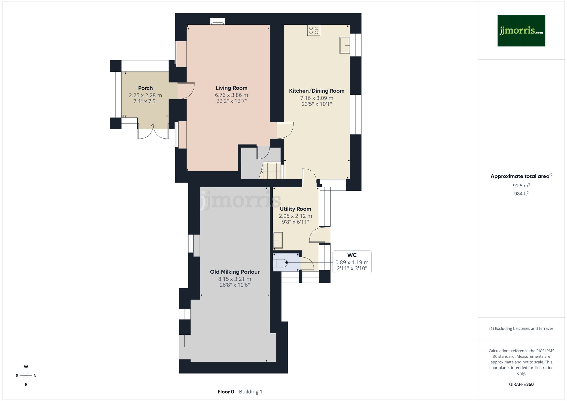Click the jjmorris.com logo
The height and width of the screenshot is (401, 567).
coord(521,31)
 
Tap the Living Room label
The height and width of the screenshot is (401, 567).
coord(231,88)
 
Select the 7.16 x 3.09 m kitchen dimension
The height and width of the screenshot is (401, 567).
coord(317,98)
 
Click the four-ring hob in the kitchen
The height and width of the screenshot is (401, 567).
coord(314,30)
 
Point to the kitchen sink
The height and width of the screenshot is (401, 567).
coord(345,45)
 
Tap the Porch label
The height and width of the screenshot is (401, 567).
coord(145,88)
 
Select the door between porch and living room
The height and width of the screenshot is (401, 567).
coord(186,91)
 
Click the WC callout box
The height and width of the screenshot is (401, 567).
coord(352,262)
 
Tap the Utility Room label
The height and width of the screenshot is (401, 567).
coord(295,209)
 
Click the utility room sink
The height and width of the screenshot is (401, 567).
coord(278,240)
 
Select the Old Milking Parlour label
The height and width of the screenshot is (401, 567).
coord(235,272)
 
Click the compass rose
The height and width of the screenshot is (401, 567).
coord(26,376)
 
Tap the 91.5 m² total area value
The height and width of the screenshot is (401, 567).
coord(521,186)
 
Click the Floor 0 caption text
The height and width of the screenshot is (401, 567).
coord(226,392)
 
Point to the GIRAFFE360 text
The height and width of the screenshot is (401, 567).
coord(521,385)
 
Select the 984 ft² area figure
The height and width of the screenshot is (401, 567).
coord(521,194)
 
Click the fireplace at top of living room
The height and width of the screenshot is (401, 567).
coord(217,22)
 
